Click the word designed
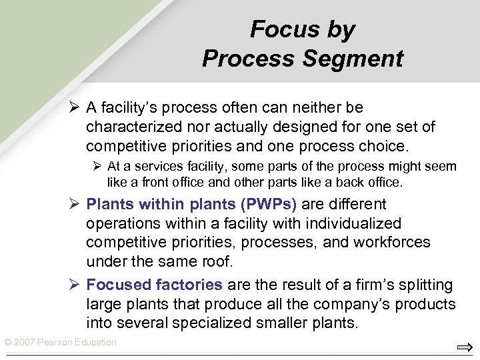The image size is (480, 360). (321, 126)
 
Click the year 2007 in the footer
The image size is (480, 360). (24, 343)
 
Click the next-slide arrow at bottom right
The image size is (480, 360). (465, 347)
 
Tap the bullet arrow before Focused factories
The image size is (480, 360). (74, 285)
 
